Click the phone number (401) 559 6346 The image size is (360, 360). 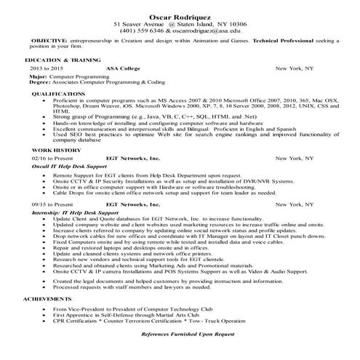tap(145, 31)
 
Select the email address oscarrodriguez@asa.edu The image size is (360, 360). tap(207, 31)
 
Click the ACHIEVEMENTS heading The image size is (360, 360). tap(42, 299)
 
